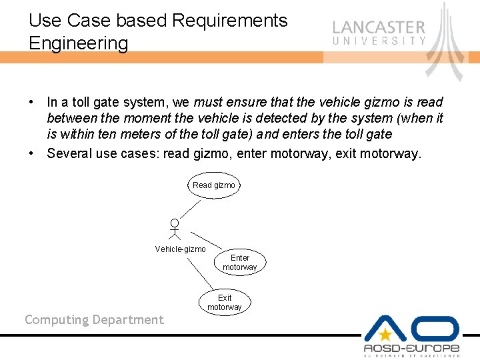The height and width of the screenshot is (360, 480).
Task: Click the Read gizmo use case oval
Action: click(x=213, y=185)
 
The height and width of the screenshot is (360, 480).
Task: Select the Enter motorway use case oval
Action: click(x=239, y=262)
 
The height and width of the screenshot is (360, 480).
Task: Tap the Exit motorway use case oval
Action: click(x=225, y=302)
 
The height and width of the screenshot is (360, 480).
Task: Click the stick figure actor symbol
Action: click(x=174, y=229)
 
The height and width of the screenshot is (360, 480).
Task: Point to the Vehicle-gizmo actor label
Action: click(x=180, y=249)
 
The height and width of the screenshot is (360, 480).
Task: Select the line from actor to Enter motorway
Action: click(x=207, y=240)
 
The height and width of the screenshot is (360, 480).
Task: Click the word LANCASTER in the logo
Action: click(x=378, y=28)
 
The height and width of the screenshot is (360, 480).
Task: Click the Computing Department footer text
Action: click(x=94, y=320)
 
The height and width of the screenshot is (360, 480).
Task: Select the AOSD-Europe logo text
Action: click(x=411, y=348)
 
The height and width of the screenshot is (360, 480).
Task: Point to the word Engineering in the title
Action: click(x=79, y=43)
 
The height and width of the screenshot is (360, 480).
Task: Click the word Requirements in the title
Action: click(x=229, y=21)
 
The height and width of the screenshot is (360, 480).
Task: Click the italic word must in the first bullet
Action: click(x=207, y=103)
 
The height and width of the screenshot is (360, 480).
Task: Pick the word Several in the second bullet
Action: click(x=69, y=154)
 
